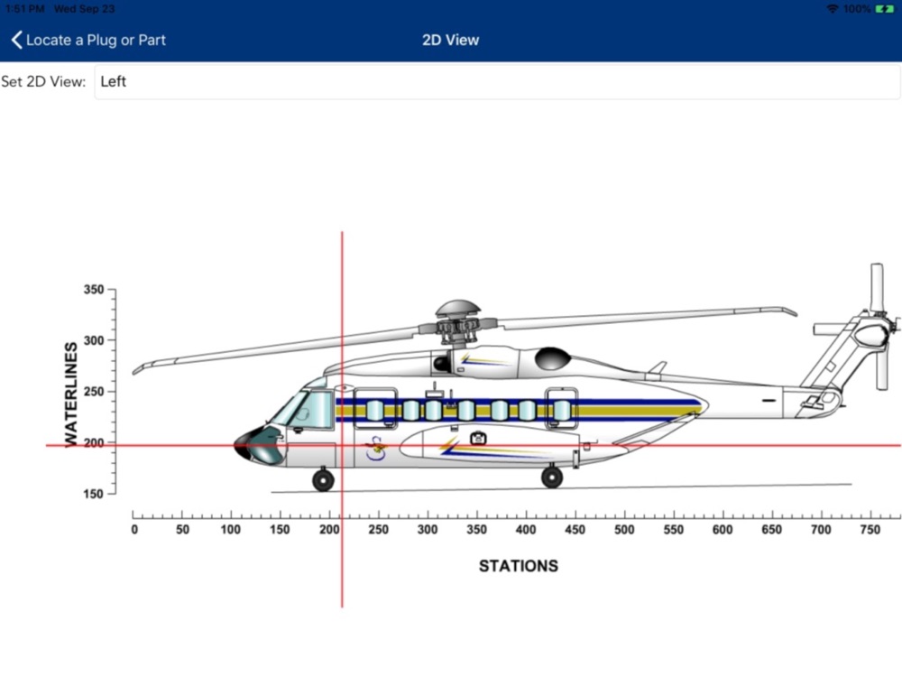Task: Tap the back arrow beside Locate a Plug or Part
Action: (x=16, y=40)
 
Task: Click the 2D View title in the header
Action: (x=450, y=40)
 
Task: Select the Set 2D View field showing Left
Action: (x=496, y=82)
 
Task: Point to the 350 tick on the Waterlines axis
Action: (x=93, y=291)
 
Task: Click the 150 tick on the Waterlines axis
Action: (x=93, y=494)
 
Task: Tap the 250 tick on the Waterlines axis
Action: (x=93, y=392)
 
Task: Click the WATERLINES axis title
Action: (x=71, y=393)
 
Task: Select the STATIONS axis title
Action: (x=518, y=566)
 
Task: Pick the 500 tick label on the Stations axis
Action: (x=624, y=530)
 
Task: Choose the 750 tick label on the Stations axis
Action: (x=870, y=530)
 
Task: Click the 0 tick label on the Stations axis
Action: (x=134, y=530)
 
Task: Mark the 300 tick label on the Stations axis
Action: (x=428, y=530)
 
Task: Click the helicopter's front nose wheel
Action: (x=323, y=480)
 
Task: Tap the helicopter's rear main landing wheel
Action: (x=552, y=478)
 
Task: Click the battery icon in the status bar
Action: (x=884, y=9)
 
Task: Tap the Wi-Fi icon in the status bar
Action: (x=832, y=9)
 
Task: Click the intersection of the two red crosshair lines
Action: (x=342, y=445)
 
